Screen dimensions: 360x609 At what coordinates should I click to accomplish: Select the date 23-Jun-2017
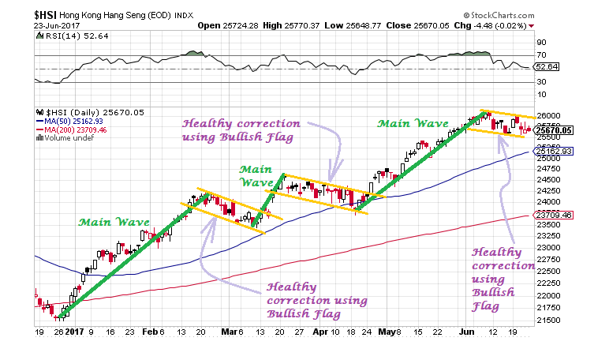[28, 26]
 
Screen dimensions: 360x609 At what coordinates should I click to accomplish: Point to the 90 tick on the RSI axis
[542, 43]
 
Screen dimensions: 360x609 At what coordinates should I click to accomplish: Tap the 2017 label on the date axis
[74, 333]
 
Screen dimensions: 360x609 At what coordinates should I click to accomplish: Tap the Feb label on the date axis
[150, 333]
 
